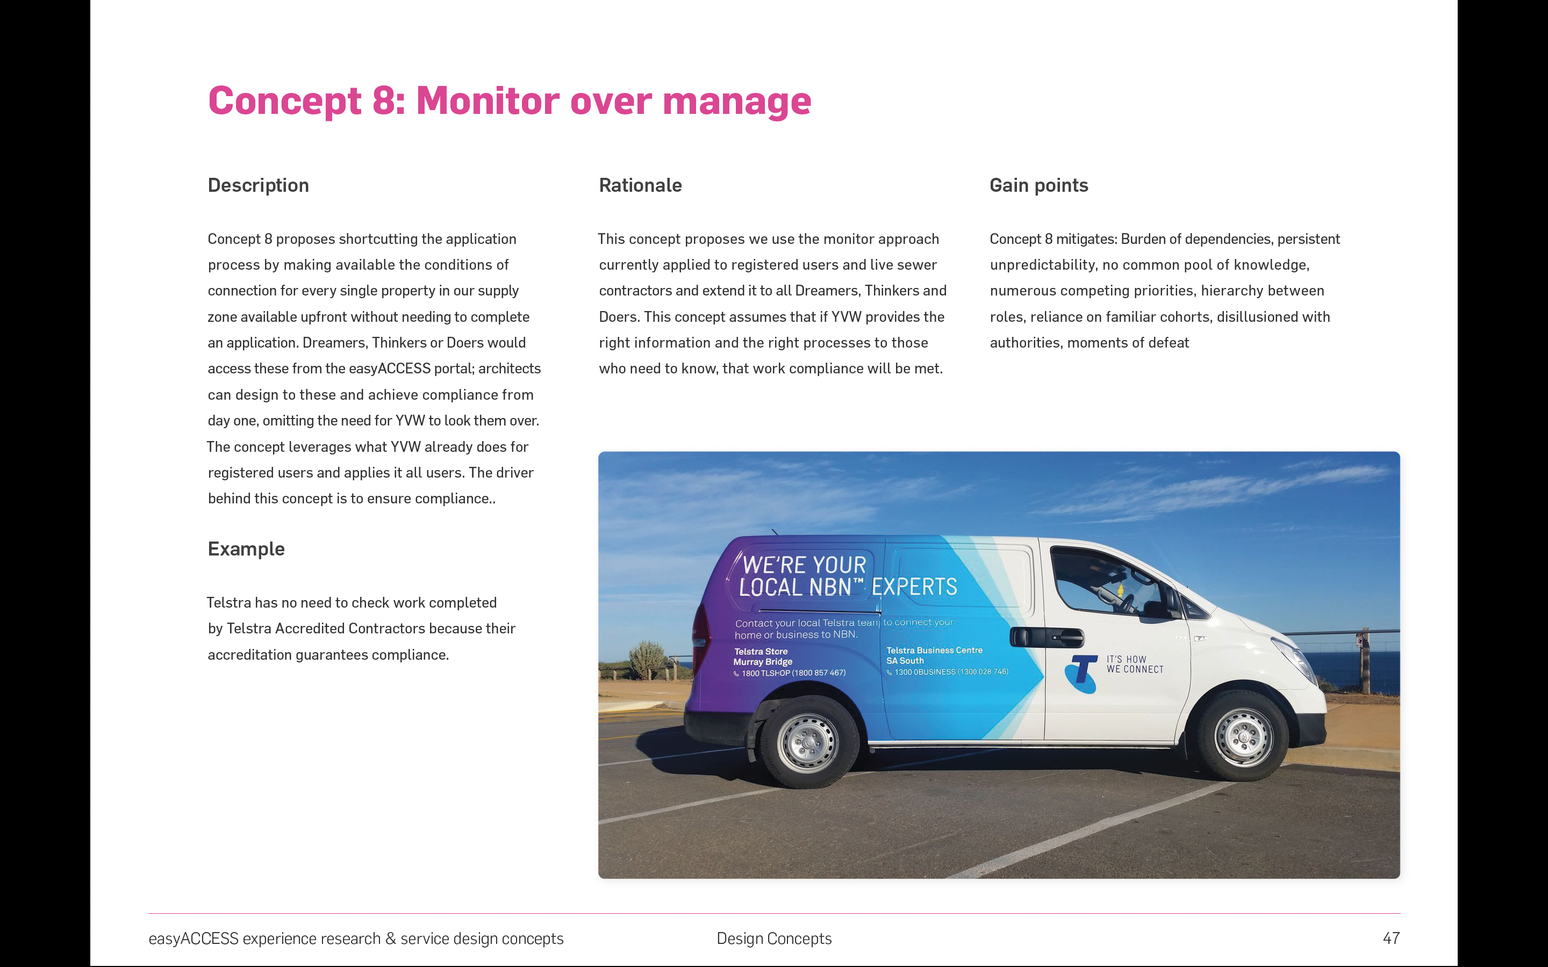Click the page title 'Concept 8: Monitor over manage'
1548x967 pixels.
509,101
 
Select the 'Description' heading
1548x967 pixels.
259,185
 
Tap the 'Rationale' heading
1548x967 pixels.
640,185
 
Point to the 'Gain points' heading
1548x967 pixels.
1038,185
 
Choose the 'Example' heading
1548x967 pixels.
246,549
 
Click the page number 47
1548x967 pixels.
1391,938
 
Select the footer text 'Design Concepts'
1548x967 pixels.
774,938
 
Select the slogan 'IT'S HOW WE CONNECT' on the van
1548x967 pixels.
1135,665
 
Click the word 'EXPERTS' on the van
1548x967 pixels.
914,587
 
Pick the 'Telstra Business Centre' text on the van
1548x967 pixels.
934,651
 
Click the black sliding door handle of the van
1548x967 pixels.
1047,637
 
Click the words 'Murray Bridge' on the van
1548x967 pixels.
763,662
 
